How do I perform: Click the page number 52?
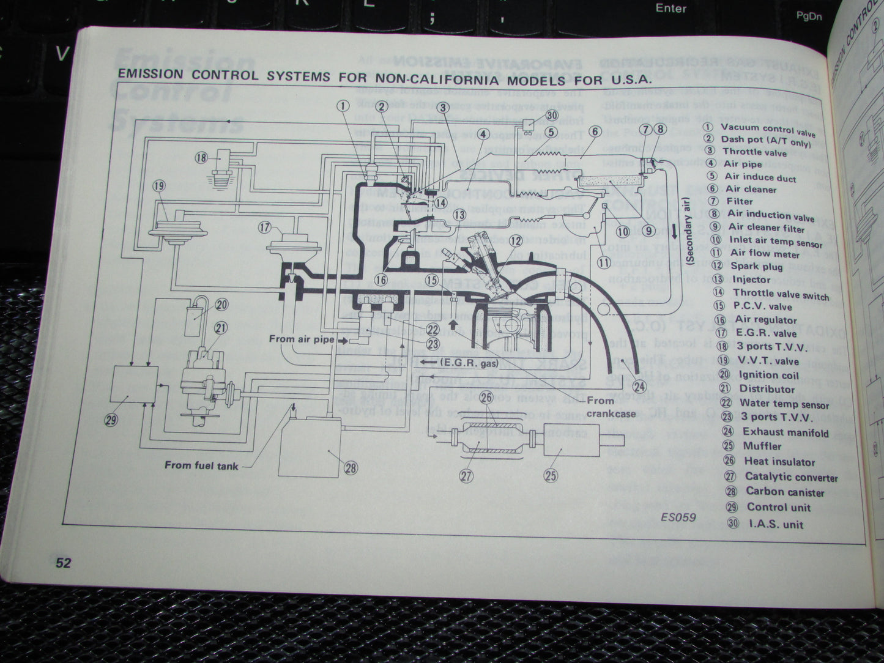point(63,562)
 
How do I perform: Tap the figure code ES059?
point(678,517)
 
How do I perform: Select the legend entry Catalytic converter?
point(790,477)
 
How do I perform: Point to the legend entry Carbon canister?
point(784,492)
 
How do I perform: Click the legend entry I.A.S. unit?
point(776,524)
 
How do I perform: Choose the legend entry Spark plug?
point(756,266)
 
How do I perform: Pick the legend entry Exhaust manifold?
point(786,432)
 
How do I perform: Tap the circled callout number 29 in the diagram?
point(111,420)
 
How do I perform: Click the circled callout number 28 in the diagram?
point(350,469)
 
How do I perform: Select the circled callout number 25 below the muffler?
point(551,475)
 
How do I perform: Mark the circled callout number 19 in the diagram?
point(159,186)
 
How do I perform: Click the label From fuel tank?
point(201,465)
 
